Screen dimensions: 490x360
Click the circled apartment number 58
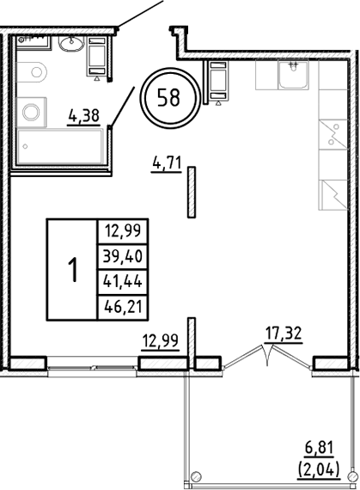pyautogui.click(x=168, y=96)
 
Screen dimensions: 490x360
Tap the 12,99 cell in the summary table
pyautogui.click(x=124, y=229)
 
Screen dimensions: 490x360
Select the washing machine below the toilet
pyautogui.click(x=33, y=110)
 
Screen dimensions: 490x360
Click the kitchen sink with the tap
pyautogui.click(x=295, y=78)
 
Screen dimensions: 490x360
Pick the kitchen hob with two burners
pyautogui.click(x=330, y=135)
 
